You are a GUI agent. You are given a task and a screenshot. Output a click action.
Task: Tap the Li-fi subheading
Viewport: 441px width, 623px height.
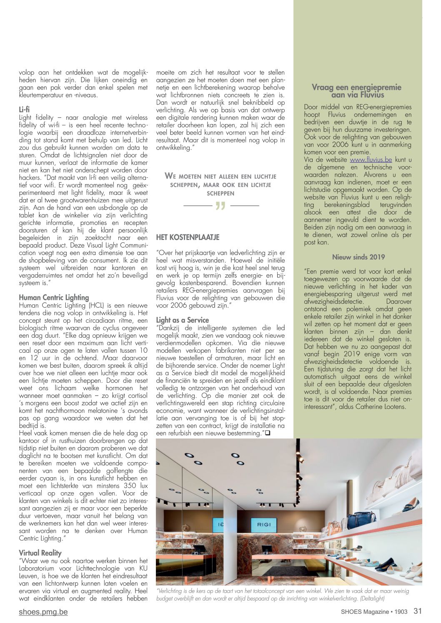click(24, 110)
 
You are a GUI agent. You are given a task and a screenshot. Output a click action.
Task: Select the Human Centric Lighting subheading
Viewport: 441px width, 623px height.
click(54, 297)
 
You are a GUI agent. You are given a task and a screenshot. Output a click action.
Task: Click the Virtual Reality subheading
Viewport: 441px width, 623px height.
click(40, 553)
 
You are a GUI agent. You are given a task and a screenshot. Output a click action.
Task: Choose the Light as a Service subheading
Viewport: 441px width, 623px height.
click(182, 320)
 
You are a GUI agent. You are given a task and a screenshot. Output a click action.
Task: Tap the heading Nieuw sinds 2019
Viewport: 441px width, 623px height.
click(358, 257)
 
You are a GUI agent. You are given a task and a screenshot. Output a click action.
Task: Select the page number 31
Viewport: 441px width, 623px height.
click(418, 611)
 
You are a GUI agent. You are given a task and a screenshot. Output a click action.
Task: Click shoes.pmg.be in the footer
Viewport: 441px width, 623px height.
click(43, 612)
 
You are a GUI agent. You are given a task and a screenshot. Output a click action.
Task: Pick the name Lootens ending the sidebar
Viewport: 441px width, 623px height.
click(394, 406)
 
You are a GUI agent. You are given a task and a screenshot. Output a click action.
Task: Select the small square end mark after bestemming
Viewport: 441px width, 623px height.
click(267, 433)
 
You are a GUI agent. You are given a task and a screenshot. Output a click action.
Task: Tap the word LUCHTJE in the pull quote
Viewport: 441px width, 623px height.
click(261, 176)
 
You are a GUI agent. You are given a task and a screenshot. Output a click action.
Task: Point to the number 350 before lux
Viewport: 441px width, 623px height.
click(130, 486)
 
